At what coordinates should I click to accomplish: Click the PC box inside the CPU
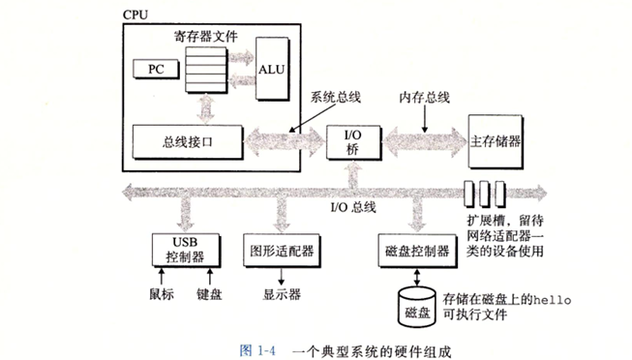tap(156, 69)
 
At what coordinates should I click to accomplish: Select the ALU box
tap(273, 69)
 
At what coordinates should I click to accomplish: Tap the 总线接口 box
tap(188, 142)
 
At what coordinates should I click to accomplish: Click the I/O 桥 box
tap(353, 142)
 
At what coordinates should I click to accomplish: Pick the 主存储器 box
tap(496, 141)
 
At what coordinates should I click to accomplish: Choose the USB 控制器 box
tap(186, 250)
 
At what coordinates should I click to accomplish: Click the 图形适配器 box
tap(282, 251)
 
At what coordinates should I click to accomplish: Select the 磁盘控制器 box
tap(417, 251)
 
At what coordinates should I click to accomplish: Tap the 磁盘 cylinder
tap(417, 307)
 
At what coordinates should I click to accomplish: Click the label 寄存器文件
tap(206, 36)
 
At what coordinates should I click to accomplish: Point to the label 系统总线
tap(335, 97)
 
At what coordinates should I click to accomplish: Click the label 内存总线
tap(425, 97)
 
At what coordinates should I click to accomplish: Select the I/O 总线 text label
tap(353, 207)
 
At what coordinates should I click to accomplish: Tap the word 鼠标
tap(162, 294)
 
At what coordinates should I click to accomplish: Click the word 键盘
tap(209, 294)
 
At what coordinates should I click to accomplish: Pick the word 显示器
tap(282, 294)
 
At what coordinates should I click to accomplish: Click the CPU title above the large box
tap(135, 15)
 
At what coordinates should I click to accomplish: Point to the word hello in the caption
tap(553, 300)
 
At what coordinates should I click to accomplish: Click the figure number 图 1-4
tap(257, 350)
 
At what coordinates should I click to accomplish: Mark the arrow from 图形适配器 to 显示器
tap(282, 276)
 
